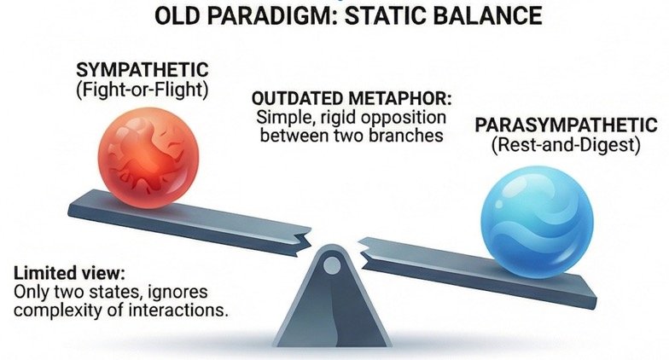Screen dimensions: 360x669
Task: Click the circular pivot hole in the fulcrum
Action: pos(331,266)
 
